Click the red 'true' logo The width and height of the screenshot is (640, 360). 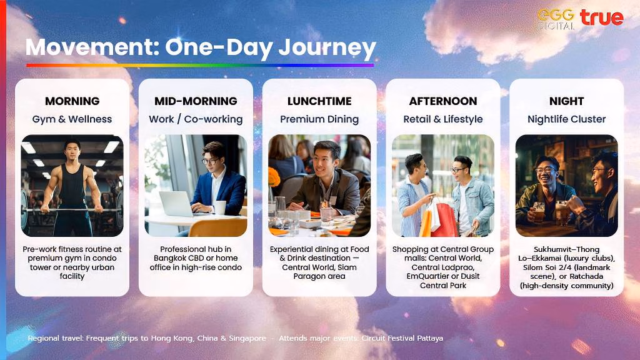point(602,17)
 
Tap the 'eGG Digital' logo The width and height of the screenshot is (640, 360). point(556,19)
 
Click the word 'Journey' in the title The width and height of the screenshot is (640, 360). point(327,48)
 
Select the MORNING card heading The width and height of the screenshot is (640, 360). point(72,101)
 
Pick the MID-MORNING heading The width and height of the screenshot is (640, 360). point(196,101)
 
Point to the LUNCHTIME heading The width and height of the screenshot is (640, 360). point(319,101)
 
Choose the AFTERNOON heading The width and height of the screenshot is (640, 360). point(443,101)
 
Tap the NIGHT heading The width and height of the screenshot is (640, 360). point(566,101)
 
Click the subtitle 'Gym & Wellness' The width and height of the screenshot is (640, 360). point(72,119)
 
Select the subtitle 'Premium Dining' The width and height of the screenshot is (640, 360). point(319,119)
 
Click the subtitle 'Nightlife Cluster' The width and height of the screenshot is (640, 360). point(566,119)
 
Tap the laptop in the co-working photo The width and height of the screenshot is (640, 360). point(177,204)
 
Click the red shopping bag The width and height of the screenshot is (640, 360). point(445,221)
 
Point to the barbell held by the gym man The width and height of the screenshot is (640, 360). point(72,210)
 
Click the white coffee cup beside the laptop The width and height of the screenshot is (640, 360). point(220,207)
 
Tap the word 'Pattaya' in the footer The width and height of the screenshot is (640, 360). point(430,338)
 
